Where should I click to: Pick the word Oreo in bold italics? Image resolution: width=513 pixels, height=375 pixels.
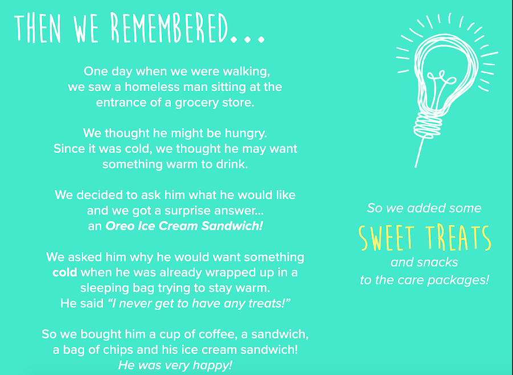coord(120,226)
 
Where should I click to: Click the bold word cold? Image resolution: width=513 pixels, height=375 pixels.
coord(65,273)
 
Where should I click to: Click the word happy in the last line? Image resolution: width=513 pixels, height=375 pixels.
coord(215,365)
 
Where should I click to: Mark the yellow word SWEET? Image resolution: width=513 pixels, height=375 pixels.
coord(386,237)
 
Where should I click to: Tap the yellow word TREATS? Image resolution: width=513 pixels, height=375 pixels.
coord(459,237)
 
